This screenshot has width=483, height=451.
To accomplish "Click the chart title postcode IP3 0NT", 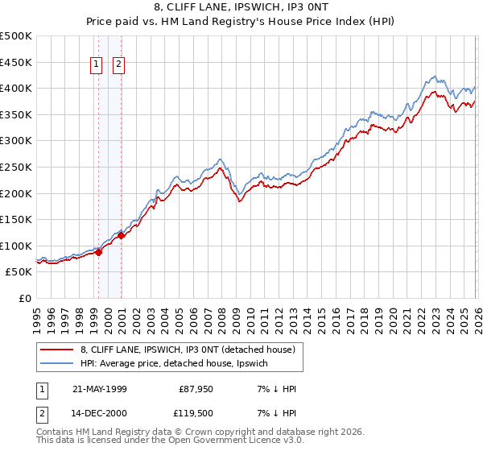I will click(306, 7).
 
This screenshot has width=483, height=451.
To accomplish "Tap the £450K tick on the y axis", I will click(16, 62).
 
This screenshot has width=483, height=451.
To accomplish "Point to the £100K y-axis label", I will click(16, 246).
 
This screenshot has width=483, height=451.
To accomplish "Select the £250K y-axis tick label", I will click(16, 167).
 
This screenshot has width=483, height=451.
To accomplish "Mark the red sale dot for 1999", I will click(99, 252).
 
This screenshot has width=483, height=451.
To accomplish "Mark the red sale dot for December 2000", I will click(122, 236).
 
